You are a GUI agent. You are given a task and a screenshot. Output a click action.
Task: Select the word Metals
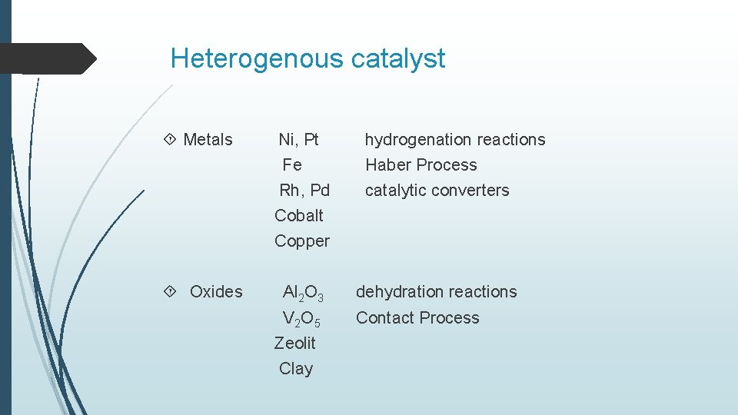[x=208, y=140]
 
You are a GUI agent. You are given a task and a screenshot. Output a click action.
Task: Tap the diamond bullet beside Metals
[x=170, y=140]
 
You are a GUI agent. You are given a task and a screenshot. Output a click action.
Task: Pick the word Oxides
[x=216, y=292]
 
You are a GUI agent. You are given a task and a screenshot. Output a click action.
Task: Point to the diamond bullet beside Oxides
[x=170, y=292]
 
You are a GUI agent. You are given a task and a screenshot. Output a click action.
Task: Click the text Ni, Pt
[x=298, y=140]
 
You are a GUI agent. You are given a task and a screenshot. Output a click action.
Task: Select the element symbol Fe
[x=292, y=165]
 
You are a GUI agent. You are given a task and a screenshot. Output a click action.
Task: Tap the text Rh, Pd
[x=304, y=191]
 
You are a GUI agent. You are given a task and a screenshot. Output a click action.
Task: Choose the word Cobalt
[x=299, y=216]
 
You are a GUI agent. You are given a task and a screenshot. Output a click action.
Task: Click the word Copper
[x=302, y=241]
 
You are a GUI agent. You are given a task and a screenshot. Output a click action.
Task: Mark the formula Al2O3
[x=303, y=293]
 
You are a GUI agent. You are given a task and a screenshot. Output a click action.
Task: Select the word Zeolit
[x=295, y=343]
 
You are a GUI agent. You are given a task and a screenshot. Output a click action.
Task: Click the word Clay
[x=296, y=369]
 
